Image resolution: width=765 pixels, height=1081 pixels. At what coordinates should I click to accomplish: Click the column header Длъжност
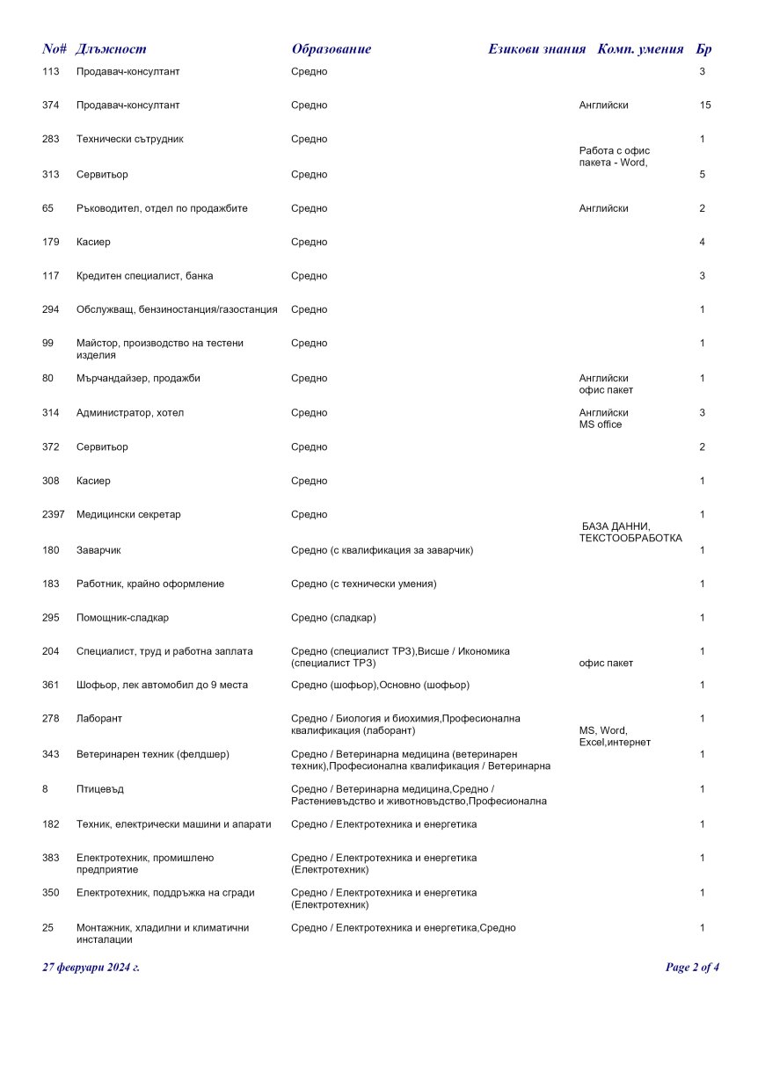tap(111, 49)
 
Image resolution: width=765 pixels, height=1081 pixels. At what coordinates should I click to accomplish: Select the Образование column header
tap(331, 49)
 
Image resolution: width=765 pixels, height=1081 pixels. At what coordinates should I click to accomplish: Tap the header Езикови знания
tap(536, 49)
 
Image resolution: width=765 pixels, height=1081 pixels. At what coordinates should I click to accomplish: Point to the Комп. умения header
tap(640, 49)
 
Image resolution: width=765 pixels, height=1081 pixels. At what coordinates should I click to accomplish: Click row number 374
tap(51, 105)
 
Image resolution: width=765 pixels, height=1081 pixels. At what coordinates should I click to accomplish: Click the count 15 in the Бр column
tap(704, 105)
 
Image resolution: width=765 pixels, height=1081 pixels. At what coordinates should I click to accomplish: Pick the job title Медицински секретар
tap(128, 515)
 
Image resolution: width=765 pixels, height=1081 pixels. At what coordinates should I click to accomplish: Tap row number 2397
tap(53, 515)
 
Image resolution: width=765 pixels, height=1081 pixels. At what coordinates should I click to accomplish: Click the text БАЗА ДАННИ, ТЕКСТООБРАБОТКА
tap(630, 533)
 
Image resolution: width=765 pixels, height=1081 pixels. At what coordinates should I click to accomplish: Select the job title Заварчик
tap(98, 550)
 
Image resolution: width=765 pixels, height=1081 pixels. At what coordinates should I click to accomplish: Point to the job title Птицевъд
tap(99, 789)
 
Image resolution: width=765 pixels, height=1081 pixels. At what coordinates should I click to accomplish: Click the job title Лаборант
tap(99, 719)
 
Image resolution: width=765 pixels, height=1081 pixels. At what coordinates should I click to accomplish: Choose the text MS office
tap(600, 425)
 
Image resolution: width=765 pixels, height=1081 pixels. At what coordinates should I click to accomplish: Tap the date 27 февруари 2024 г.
tap(91, 968)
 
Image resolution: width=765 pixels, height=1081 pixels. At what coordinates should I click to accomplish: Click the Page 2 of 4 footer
tap(692, 968)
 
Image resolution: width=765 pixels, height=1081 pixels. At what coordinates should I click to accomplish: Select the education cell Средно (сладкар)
tap(333, 618)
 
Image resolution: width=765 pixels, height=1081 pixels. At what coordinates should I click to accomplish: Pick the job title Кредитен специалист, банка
tap(144, 276)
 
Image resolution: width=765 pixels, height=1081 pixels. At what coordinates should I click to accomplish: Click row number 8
tap(45, 789)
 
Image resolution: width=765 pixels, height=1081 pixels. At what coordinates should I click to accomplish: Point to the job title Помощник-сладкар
tap(121, 618)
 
